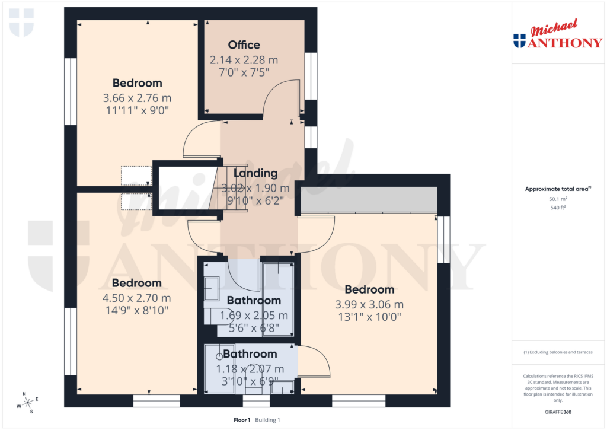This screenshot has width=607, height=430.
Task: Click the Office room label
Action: click(244, 45)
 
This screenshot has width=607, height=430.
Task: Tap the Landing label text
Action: click(255, 173)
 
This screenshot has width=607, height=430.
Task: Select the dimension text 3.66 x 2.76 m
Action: click(138, 98)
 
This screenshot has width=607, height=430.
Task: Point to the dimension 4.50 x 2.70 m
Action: click(137, 298)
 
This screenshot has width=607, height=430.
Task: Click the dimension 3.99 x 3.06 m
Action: click(369, 304)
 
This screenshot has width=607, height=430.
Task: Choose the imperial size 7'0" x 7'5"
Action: click(244, 72)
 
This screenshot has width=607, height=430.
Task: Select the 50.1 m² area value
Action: click(557, 199)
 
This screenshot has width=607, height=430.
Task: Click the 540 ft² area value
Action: click(557, 208)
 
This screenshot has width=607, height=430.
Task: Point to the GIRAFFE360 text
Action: click(557, 412)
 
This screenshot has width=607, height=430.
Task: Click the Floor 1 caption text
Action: click(242, 420)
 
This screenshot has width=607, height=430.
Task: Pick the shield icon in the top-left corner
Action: click(22, 22)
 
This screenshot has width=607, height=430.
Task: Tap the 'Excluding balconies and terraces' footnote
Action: click(557, 352)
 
